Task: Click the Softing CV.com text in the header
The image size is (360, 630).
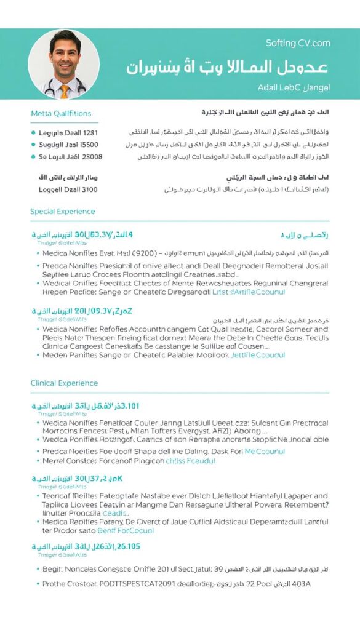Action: (298, 43)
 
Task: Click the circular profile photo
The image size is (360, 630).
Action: (60, 64)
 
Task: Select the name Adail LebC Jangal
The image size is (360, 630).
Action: (294, 88)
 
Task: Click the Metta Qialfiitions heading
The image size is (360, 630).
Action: (61, 113)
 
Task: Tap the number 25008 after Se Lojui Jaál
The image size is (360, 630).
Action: (90, 156)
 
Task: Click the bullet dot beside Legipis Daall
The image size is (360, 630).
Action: (33, 132)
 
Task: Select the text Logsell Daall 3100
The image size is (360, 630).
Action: (68, 189)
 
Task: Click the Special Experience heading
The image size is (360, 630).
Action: (63, 212)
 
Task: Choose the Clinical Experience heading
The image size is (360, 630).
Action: (64, 383)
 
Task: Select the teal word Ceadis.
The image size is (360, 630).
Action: (115, 513)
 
